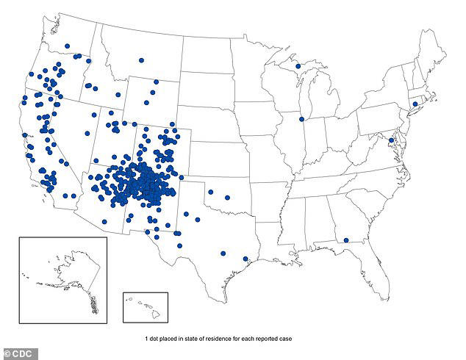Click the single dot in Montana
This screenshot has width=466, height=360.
pyautogui.click(x=142, y=61)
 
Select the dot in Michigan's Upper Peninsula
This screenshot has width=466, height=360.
pyautogui.click(x=298, y=67)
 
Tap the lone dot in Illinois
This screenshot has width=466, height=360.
pyautogui.click(x=301, y=119)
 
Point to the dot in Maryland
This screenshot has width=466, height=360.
pyautogui.click(x=391, y=140)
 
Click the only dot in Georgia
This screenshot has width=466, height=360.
pyautogui.click(x=344, y=239)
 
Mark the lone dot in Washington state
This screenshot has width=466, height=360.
pyautogui.click(x=67, y=46)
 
